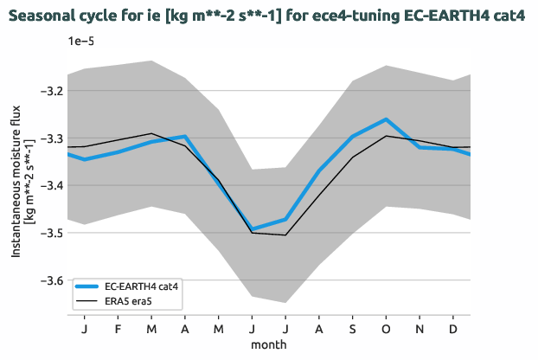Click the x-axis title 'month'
269,344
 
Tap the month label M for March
151,329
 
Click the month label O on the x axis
386,329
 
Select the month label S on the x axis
353,329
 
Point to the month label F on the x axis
118,329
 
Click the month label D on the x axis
453,329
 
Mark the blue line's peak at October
386,119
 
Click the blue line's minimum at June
253,229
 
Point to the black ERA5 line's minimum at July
285,235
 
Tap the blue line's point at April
185,136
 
